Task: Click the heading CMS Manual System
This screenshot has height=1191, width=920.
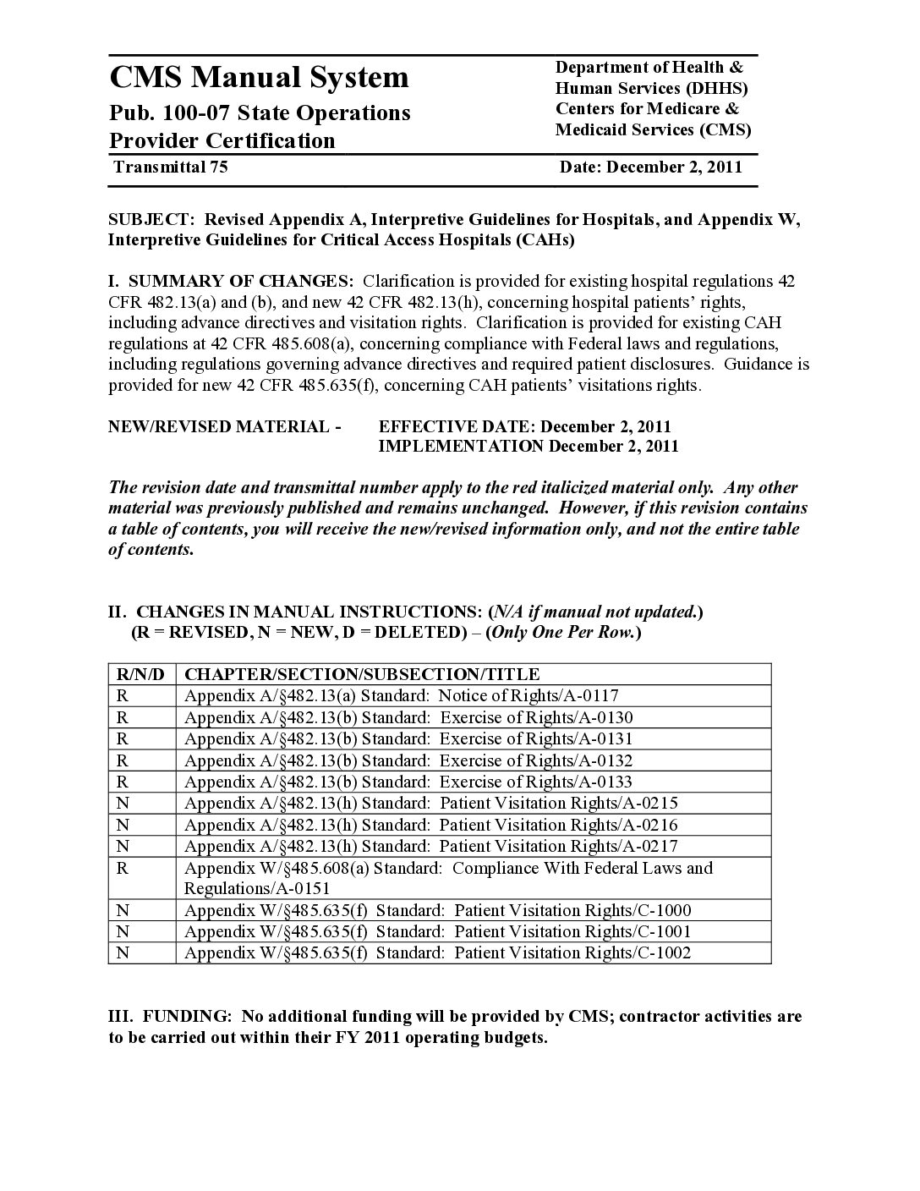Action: pyautogui.click(x=259, y=77)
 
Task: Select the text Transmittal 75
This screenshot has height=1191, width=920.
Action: pyautogui.click(x=170, y=167)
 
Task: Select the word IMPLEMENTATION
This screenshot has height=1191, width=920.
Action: pyautogui.click(x=460, y=446)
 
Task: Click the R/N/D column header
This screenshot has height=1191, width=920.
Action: pyautogui.click(x=141, y=674)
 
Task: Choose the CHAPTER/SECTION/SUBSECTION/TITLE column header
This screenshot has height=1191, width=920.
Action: pyautogui.click(x=362, y=674)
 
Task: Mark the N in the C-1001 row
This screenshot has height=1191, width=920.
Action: pyautogui.click(x=122, y=931)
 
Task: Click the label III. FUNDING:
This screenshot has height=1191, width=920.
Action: pyautogui.click(x=168, y=1016)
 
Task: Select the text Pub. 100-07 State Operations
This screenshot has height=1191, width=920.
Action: pyautogui.click(x=260, y=113)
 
